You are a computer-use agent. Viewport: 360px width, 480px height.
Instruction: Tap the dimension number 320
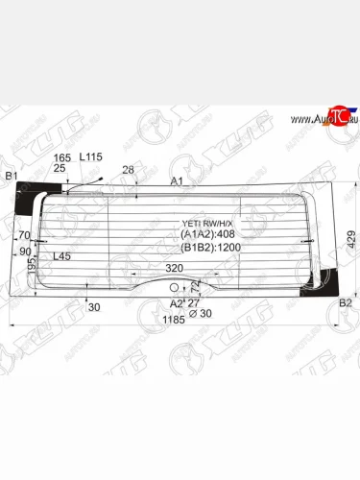pyautogui.click(x=174, y=268)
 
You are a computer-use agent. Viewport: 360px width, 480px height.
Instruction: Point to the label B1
pyautogui.click(x=12, y=176)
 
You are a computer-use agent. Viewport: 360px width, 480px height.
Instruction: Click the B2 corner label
pyautogui.click(x=347, y=303)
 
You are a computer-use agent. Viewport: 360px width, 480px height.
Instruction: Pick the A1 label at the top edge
pyautogui.click(x=177, y=180)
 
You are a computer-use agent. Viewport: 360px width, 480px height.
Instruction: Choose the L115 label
pyautogui.click(x=91, y=156)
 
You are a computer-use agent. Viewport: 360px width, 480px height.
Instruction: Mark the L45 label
pyautogui.click(x=61, y=256)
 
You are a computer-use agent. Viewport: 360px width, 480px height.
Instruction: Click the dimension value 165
pyautogui.click(x=62, y=156)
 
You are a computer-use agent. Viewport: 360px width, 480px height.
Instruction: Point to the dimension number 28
pyautogui.click(x=129, y=170)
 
